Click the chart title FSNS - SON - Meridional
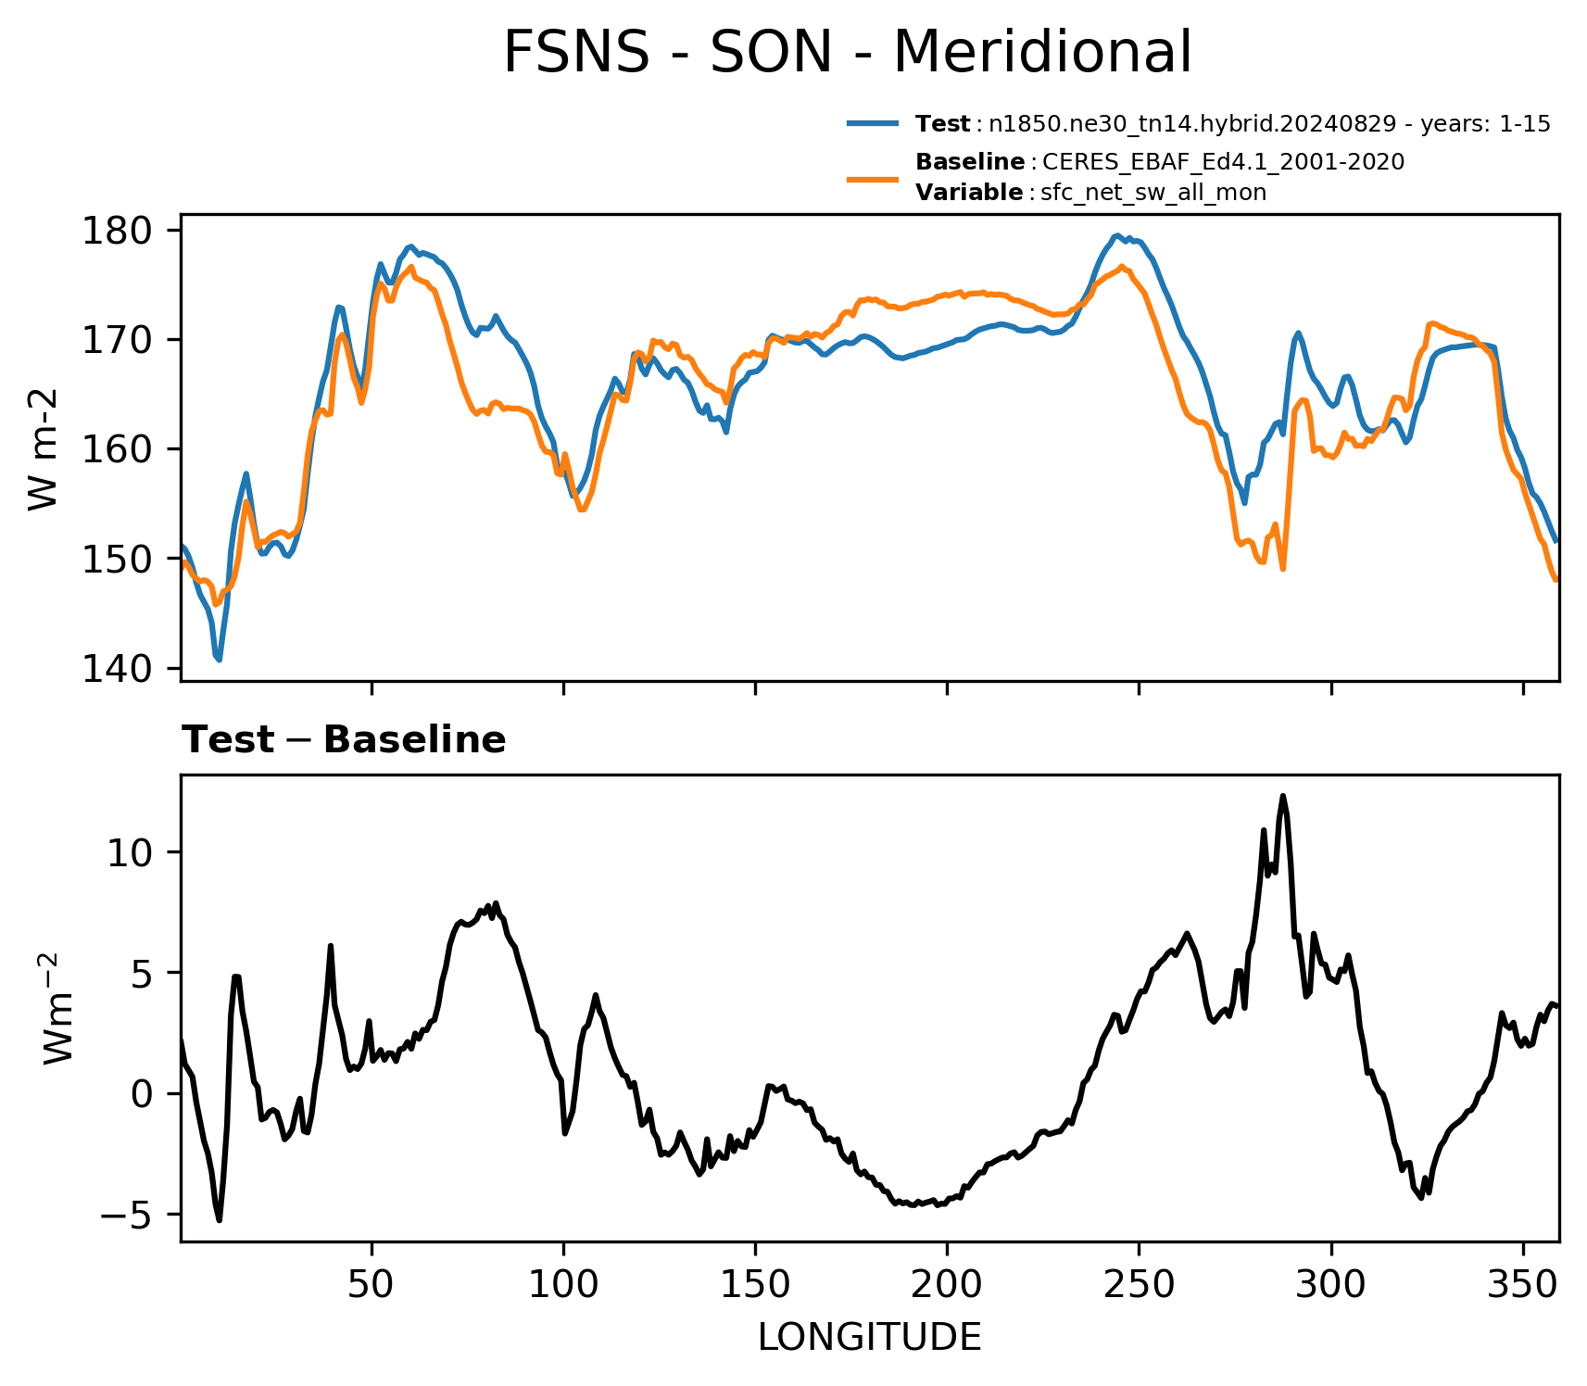click(x=847, y=52)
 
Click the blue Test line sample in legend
click(x=873, y=123)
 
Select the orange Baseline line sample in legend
click(x=873, y=178)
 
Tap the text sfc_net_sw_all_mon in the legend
click(x=1153, y=193)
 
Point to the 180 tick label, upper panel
click(x=119, y=230)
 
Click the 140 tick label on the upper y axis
click(x=119, y=668)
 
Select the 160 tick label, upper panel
click(x=119, y=449)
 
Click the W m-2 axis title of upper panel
click(x=44, y=448)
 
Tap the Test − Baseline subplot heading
click(x=344, y=740)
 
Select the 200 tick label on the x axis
click(x=947, y=1285)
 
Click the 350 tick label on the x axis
click(x=1523, y=1285)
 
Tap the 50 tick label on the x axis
click(x=372, y=1285)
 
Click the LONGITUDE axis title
click(x=870, y=1337)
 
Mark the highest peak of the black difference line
click(x=1283, y=796)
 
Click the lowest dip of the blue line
click(x=219, y=659)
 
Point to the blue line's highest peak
click(x=1118, y=235)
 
